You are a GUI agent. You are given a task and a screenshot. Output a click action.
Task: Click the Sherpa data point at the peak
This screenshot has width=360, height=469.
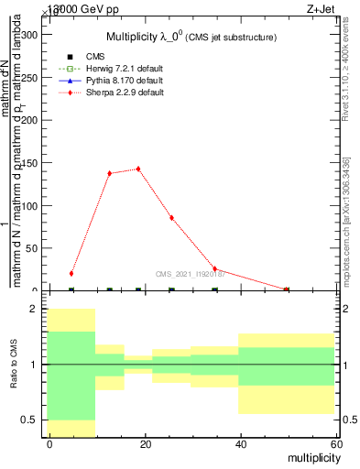[138, 169]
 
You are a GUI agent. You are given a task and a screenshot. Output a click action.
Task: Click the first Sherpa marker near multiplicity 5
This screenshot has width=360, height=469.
[71, 273]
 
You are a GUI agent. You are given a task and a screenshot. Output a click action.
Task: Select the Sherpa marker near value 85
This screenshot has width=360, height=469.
[171, 218]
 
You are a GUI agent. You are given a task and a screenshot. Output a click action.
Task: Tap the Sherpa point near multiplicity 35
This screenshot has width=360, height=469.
[214, 269]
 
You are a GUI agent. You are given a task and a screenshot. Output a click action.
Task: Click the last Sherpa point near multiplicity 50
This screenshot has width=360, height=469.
[287, 289]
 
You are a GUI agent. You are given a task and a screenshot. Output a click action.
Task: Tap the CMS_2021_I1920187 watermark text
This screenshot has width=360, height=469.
[190, 274]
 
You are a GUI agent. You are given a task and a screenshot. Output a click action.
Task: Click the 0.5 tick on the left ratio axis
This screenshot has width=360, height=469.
[34, 420]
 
